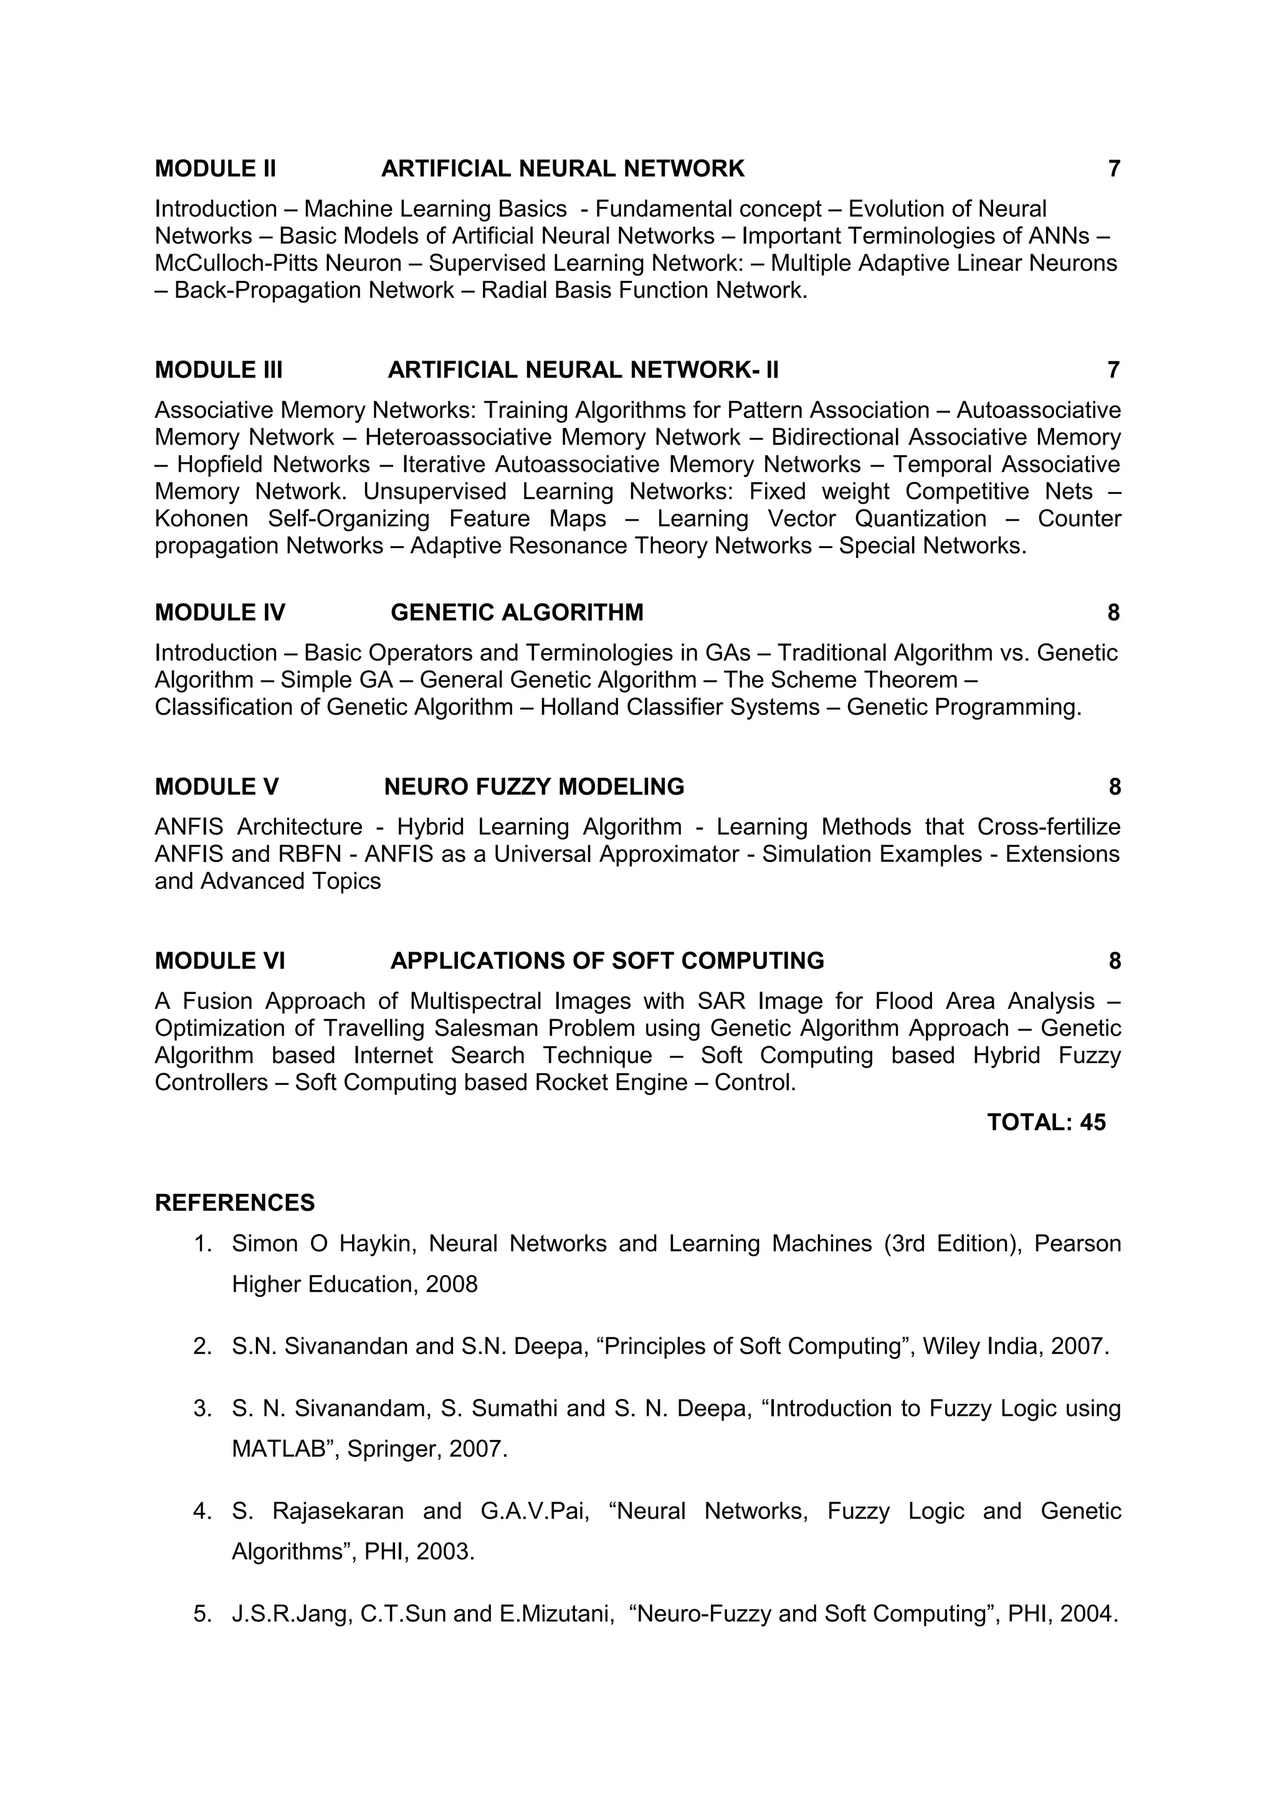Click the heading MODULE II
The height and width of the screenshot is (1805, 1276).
click(216, 168)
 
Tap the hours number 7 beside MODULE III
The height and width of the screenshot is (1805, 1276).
click(1113, 369)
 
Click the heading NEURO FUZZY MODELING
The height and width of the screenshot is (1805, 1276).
click(534, 787)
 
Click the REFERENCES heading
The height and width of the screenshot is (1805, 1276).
click(234, 1203)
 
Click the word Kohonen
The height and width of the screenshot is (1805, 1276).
click(201, 519)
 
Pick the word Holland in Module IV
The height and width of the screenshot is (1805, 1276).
click(579, 708)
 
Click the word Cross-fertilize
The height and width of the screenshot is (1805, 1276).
click(1049, 827)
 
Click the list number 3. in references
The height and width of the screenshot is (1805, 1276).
click(203, 1408)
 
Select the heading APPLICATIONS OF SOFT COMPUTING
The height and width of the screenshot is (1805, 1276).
click(607, 960)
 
